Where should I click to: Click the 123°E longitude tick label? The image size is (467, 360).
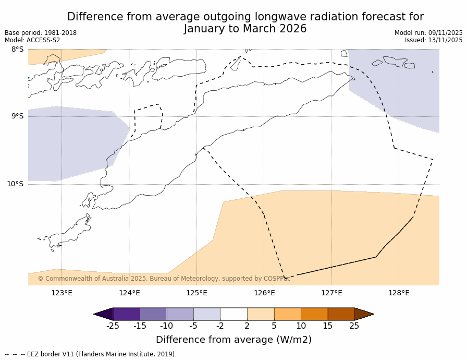click(x=62, y=293)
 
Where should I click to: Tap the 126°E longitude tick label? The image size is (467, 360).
click(x=264, y=293)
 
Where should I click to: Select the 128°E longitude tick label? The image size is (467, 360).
click(x=399, y=293)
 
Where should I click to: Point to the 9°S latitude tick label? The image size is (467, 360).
click(x=17, y=116)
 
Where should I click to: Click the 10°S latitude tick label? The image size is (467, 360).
click(x=15, y=184)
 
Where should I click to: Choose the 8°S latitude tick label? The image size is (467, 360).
click(x=17, y=50)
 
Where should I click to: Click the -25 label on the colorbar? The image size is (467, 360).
click(x=112, y=326)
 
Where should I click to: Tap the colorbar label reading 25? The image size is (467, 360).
click(x=354, y=326)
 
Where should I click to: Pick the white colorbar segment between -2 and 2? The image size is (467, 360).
click(x=233, y=314)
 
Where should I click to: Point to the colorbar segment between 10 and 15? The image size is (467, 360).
click(x=314, y=314)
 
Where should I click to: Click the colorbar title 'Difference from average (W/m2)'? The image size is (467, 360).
click(x=233, y=340)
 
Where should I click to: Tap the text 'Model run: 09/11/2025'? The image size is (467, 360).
click(x=428, y=33)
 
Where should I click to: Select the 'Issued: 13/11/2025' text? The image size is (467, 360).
click(x=434, y=40)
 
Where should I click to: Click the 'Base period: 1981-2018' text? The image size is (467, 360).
click(x=41, y=33)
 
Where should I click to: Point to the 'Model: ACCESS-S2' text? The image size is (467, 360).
click(x=32, y=40)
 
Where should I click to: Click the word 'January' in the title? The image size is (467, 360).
click(x=205, y=29)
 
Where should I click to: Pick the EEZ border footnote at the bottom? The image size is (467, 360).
click(x=91, y=354)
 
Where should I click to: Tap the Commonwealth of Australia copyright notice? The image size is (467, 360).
click(x=164, y=279)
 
